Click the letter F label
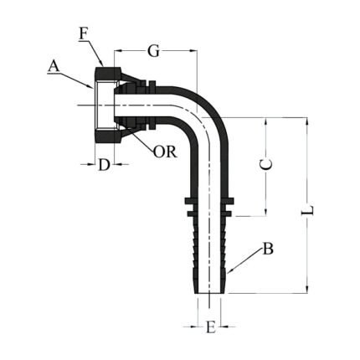click(83, 33)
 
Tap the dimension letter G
click(153, 51)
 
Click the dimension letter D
click(103, 164)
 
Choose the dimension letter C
click(265, 165)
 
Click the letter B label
click(268, 248)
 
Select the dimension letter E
click(210, 327)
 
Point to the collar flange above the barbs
click(206, 201)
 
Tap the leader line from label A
click(79, 79)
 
